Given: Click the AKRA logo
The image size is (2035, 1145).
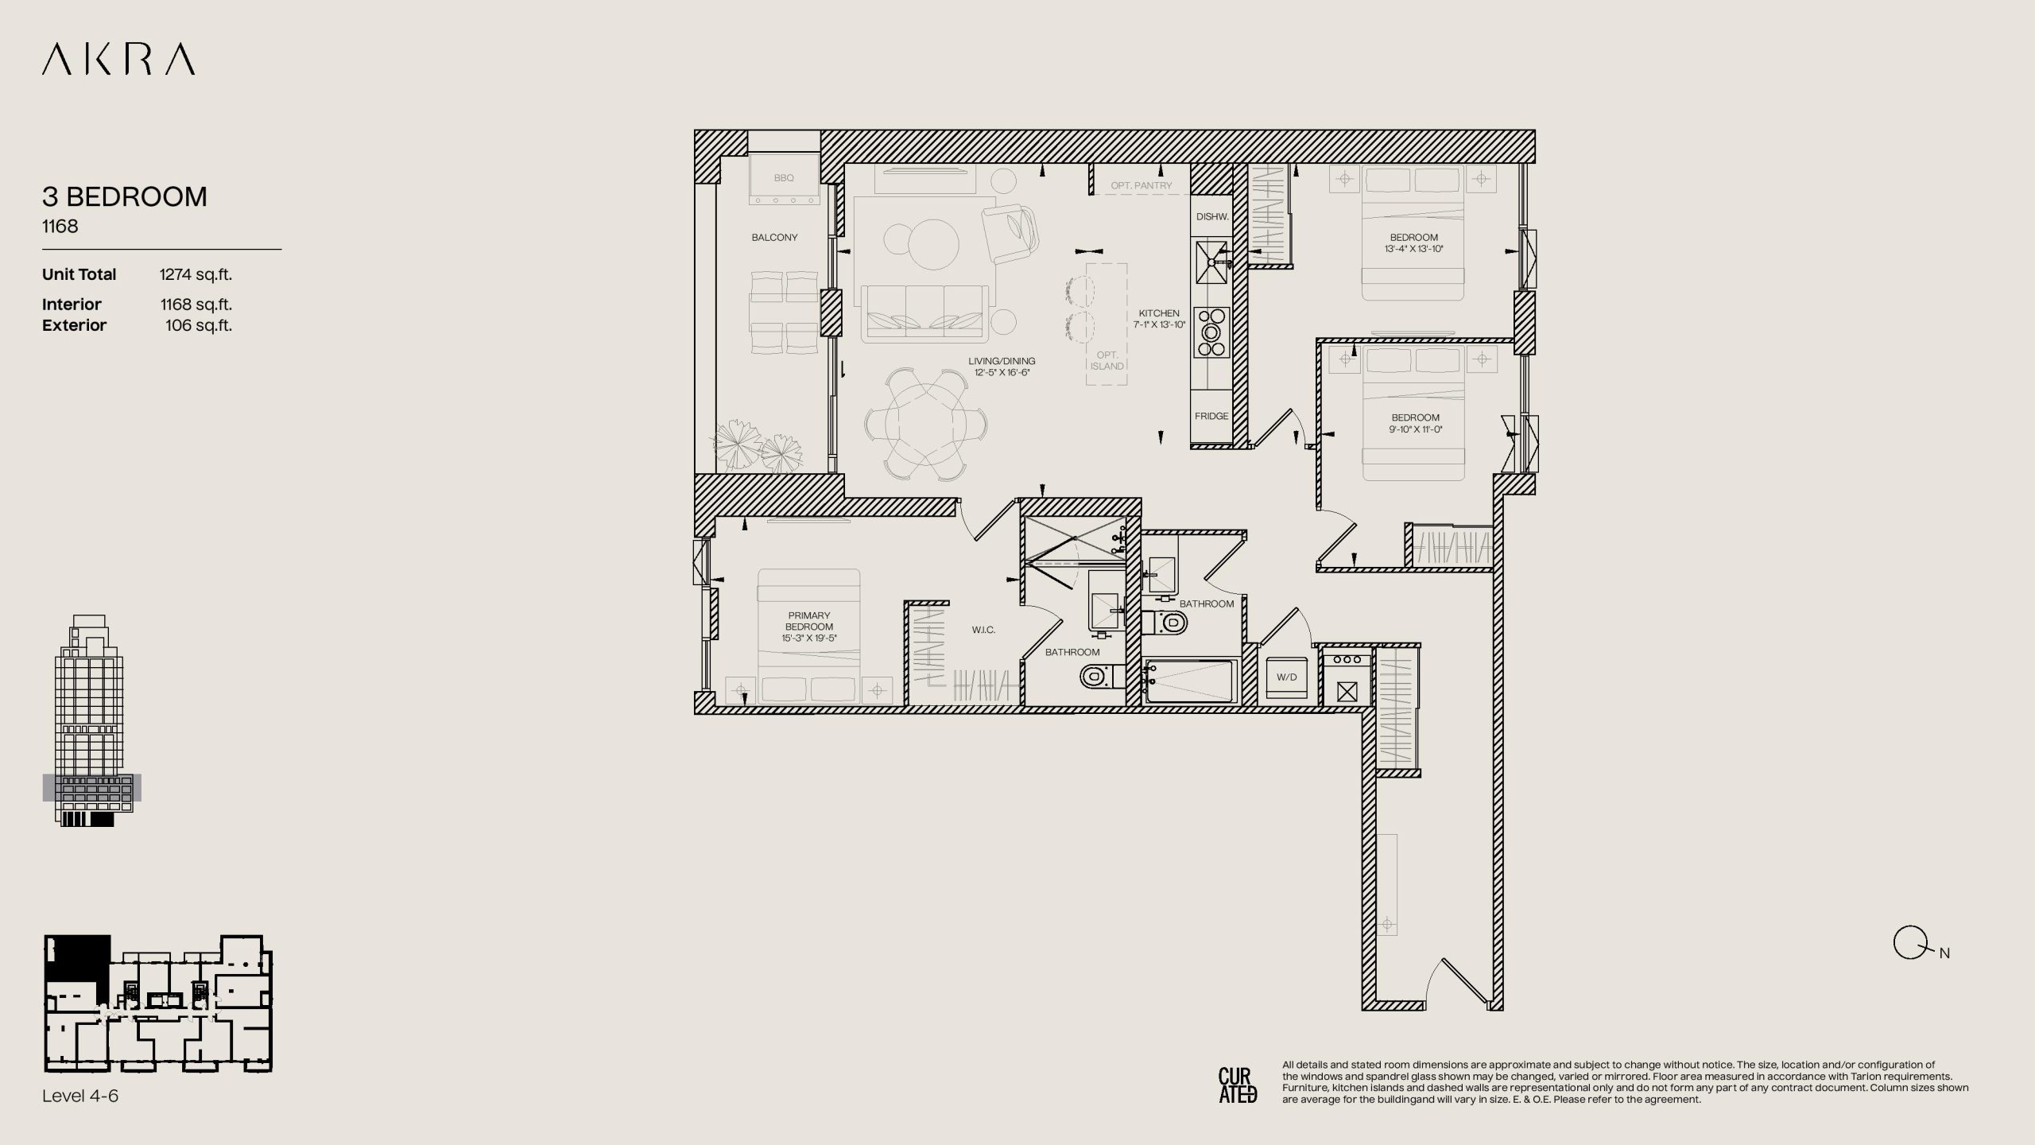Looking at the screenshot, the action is (118, 60).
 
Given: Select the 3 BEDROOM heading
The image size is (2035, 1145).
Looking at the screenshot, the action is (125, 196).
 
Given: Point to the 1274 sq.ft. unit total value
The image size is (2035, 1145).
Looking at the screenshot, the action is (196, 274).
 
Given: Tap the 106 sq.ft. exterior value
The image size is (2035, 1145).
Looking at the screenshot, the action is (199, 325).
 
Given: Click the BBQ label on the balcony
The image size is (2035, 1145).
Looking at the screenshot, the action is (784, 178).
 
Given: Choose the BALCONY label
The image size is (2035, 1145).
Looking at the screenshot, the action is (774, 238).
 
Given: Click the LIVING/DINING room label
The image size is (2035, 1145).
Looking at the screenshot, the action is (1002, 361).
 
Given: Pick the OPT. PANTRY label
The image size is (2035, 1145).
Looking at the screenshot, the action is (1142, 185).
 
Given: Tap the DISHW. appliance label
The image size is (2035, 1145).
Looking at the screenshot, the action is (1212, 216).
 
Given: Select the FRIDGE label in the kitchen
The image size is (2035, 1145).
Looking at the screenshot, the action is (1211, 416).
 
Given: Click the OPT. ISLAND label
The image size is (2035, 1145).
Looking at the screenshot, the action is (1107, 361).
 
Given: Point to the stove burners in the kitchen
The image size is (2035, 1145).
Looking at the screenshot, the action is (1211, 332).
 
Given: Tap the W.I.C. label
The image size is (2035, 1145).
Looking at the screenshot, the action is (983, 630).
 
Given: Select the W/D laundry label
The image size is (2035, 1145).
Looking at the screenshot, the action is (1286, 677).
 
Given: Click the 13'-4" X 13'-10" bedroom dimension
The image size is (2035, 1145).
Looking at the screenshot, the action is (1413, 249).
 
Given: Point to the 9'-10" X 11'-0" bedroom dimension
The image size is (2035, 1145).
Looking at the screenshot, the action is (1415, 429).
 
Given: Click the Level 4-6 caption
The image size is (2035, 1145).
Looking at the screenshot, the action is (80, 1096).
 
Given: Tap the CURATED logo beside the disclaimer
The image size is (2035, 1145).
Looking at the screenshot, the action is (1238, 1085).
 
